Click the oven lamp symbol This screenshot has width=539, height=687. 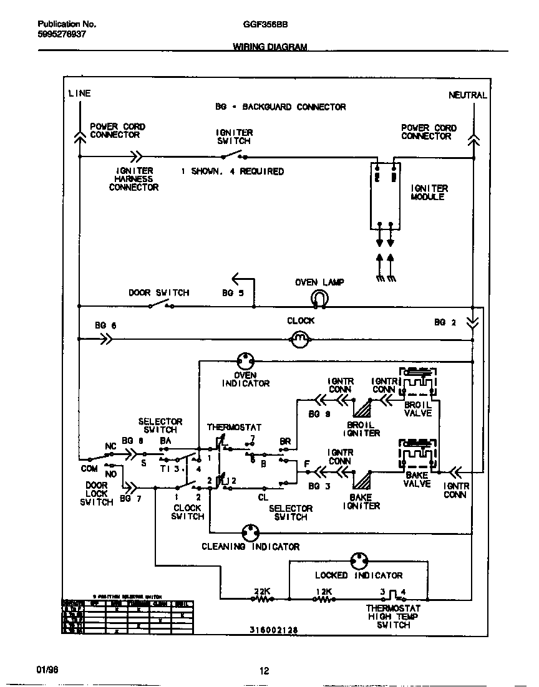319,300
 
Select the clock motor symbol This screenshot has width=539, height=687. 300,339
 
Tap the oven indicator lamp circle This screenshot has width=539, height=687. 246,360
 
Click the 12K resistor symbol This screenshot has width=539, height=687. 324,599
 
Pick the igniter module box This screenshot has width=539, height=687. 385,196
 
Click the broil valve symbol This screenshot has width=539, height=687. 419,383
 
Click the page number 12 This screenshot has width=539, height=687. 265,671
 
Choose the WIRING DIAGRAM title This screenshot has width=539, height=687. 270,47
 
